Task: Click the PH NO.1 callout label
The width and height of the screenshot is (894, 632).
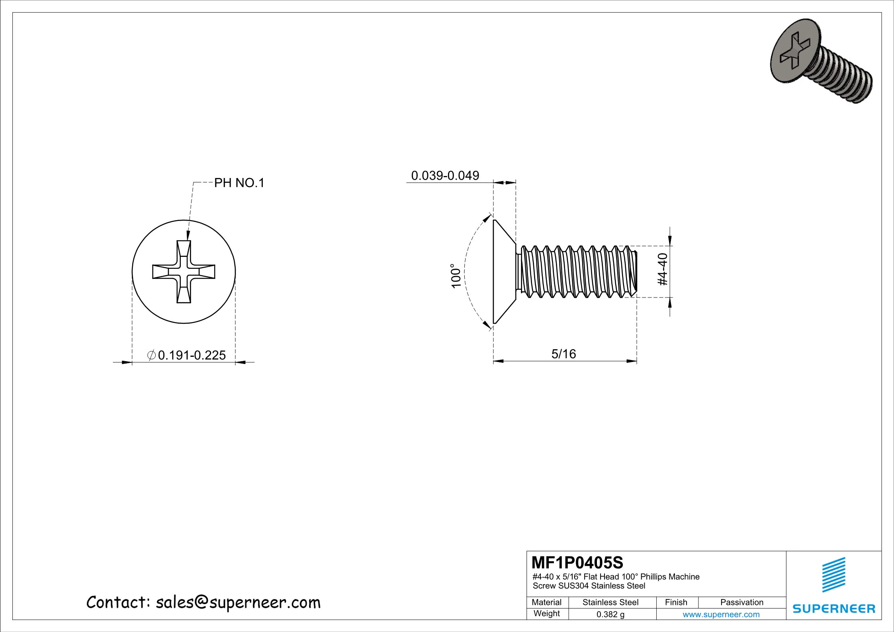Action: [x=239, y=183]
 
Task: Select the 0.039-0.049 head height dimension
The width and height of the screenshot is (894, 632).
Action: [x=445, y=175]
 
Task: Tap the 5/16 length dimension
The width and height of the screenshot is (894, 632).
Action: [x=563, y=354]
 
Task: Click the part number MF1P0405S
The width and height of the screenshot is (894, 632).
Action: [x=577, y=563]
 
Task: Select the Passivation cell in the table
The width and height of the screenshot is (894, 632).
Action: [x=741, y=602]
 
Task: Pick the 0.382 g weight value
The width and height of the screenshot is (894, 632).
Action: [x=610, y=614]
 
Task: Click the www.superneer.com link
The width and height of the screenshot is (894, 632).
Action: [x=721, y=614]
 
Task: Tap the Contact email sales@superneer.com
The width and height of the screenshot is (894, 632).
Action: [x=203, y=603]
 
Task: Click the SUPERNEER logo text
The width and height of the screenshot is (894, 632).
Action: [x=834, y=608]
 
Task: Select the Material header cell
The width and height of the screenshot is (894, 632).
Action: [x=546, y=602]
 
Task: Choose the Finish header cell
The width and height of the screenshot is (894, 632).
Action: [x=676, y=602]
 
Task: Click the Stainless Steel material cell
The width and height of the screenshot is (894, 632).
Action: [x=610, y=602]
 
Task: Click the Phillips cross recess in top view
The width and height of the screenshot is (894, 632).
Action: [x=184, y=272]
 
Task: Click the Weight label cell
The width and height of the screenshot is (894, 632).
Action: [x=546, y=613]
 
